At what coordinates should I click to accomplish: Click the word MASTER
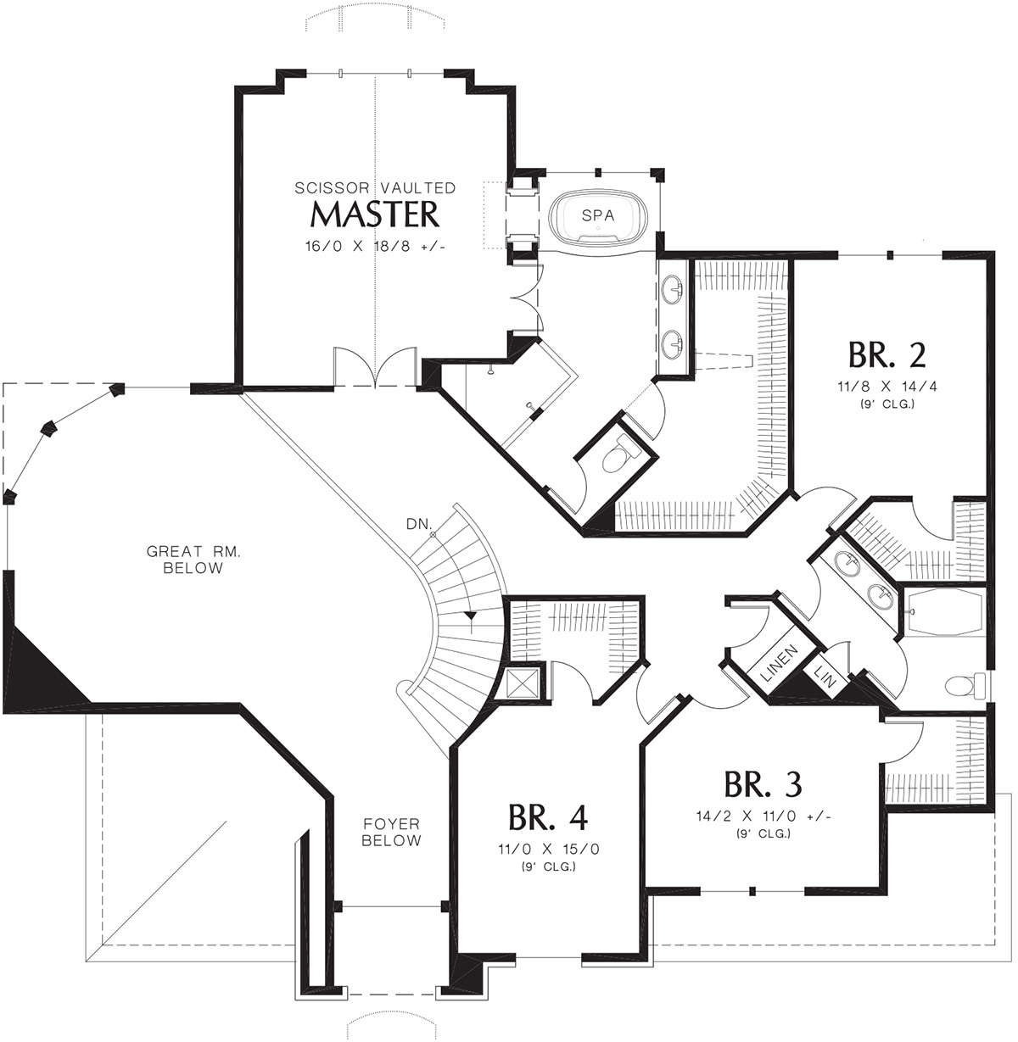point(374,215)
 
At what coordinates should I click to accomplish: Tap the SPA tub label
point(597,216)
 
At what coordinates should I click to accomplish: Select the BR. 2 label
point(887,355)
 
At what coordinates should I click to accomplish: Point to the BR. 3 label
point(763,784)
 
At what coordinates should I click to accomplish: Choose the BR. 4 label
point(548,817)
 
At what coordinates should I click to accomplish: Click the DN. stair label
point(419,524)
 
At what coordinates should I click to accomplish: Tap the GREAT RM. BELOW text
point(193,559)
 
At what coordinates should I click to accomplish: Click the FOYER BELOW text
point(391,832)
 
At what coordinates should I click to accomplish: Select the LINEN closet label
point(780,662)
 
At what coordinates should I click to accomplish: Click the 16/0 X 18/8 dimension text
point(375,247)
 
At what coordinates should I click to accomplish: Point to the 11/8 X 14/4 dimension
point(887,386)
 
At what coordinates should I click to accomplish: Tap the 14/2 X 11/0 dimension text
point(763,816)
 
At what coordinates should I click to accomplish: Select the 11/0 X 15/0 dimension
point(549,850)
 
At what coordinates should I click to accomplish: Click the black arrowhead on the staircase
point(471,616)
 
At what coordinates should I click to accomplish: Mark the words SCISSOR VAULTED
point(375,188)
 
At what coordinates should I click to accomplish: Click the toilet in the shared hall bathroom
point(965,686)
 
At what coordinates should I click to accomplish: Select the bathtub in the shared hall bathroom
point(945,611)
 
